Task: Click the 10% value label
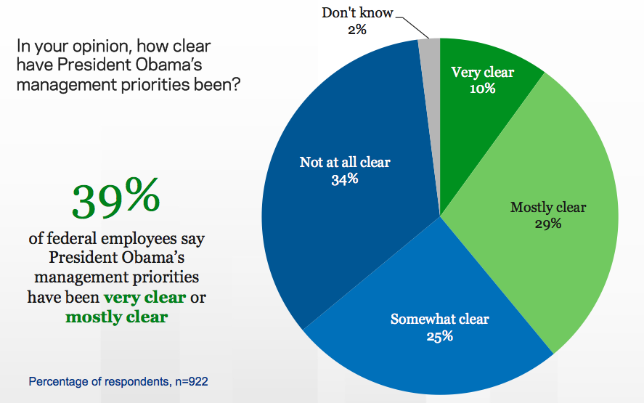[x=482, y=89]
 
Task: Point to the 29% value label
[x=548, y=224]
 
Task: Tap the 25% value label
[x=440, y=336]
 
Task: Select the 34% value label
[x=344, y=179]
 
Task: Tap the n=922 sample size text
[x=192, y=380]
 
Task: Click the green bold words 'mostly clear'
[x=116, y=317]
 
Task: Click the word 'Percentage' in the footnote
[x=57, y=380]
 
